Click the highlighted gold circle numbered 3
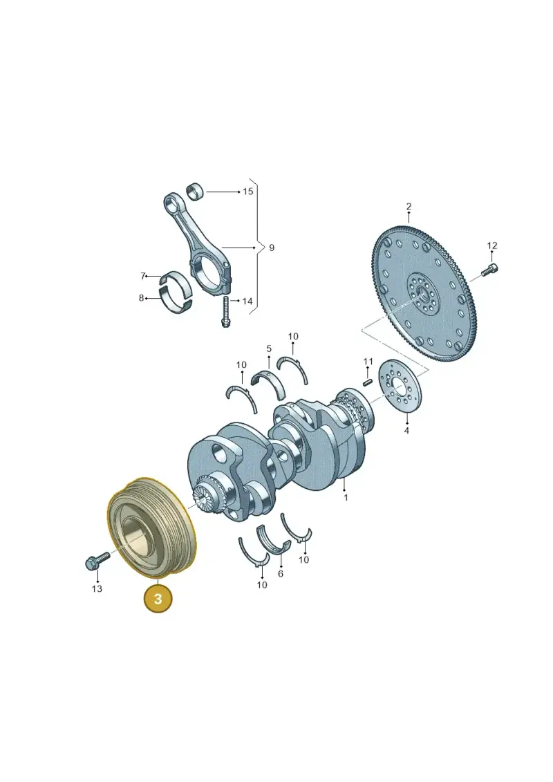pyautogui.click(x=158, y=599)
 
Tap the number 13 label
pyautogui.click(x=97, y=588)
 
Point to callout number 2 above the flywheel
pyautogui.click(x=409, y=207)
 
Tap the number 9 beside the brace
pyautogui.click(x=271, y=248)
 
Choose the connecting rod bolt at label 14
pyautogui.click(x=225, y=312)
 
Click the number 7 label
pyautogui.click(x=142, y=276)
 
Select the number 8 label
pyautogui.click(x=141, y=298)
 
